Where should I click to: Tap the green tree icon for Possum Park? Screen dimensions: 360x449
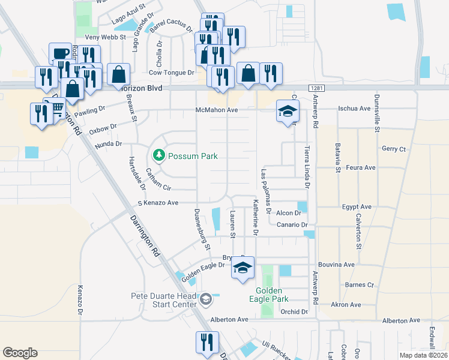pos(159,156)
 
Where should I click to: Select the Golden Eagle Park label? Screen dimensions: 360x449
pos(268,294)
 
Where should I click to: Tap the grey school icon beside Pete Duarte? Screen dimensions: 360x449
pos(205,299)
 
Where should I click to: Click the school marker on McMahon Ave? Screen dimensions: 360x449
pos(288,111)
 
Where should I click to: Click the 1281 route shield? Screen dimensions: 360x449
pos(318,88)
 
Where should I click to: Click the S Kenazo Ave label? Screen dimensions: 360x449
pos(158,203)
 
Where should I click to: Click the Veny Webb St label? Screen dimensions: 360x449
pos(104,37)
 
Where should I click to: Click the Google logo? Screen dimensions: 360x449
pos(20,353)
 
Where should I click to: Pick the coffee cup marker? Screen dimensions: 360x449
pos(60,53)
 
